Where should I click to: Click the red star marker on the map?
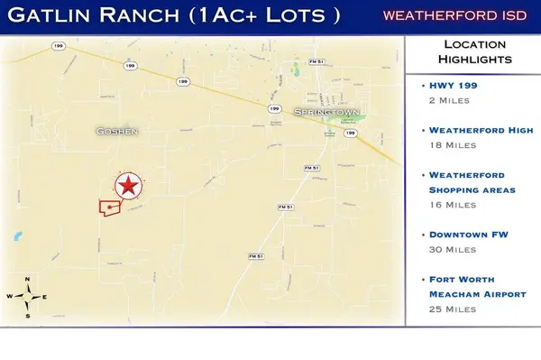(129, 186)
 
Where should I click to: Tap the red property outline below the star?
(110, 207)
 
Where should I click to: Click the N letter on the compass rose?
(29, 279)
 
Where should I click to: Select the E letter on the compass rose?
(44, 297)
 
